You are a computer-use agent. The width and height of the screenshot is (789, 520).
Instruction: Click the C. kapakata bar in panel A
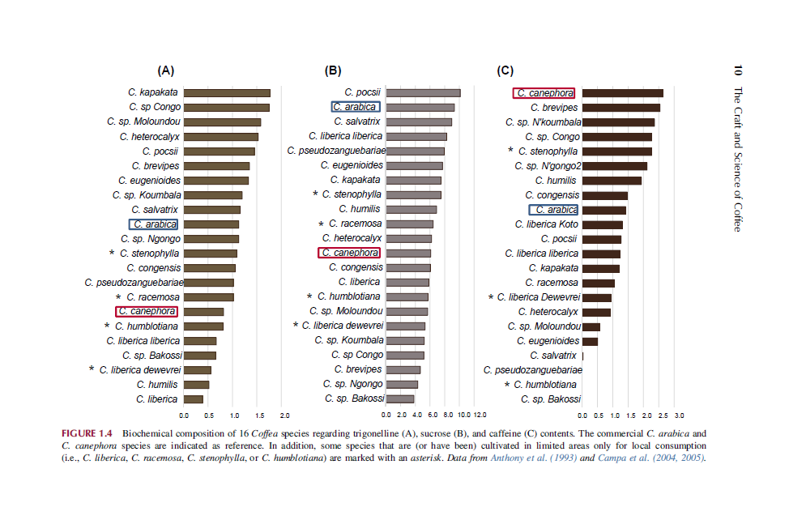[227, 92]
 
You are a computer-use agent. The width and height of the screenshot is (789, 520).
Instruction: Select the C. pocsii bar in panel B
[424, 92]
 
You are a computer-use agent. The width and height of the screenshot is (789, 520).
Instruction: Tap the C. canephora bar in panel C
[622, 93]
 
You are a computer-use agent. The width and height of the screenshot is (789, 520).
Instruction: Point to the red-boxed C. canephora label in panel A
[146, 311]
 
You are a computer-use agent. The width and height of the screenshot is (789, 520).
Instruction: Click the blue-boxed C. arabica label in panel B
[356, 107]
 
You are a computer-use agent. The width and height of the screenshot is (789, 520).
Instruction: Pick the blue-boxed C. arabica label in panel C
[553, 210]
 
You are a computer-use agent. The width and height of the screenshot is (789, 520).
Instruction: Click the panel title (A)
[166, 70]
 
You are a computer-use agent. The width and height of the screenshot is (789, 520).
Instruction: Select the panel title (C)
[505, 70]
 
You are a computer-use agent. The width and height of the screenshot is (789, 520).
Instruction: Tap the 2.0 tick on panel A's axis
[284, 416]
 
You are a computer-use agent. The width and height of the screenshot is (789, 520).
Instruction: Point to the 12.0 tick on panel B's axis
[480, 416]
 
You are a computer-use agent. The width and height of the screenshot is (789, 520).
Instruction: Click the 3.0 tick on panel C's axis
[679, 416]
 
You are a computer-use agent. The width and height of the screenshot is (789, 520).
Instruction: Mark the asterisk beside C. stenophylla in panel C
[510, 151]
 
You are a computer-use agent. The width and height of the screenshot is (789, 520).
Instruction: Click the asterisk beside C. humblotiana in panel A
[107, 326]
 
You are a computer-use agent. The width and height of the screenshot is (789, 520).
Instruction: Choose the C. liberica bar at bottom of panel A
[194, 399]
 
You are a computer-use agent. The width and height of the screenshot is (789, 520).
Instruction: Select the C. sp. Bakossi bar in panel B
[400, 399]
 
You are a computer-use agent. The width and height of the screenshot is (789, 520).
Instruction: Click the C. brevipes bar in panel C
[621, 108]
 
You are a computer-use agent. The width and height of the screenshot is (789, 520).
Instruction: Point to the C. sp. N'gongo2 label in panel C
[548, 166]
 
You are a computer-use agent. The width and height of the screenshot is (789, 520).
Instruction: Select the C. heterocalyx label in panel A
[150, 137]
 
